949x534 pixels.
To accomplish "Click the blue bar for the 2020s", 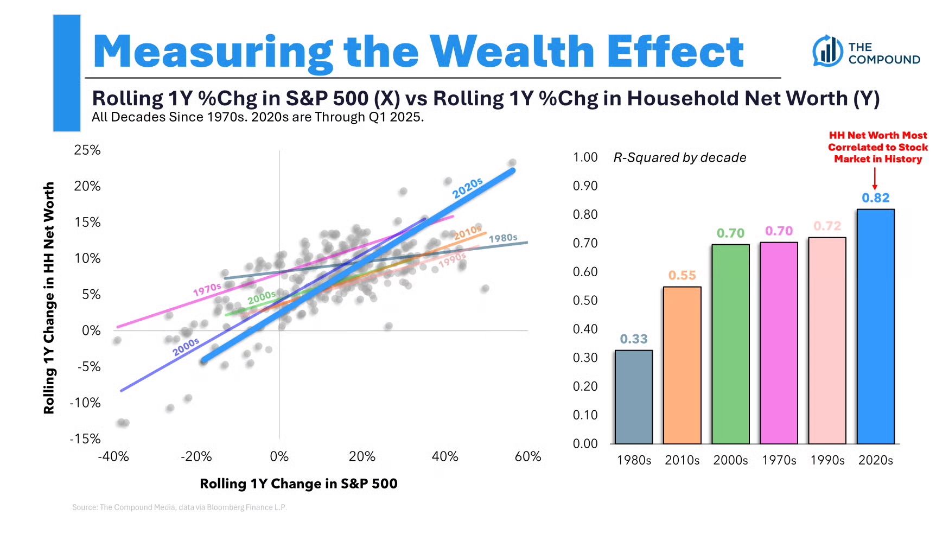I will (x=875, y=326).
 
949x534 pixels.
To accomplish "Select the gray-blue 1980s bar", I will (x=633, y=397).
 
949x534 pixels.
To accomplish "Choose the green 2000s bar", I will (x=730, y=344).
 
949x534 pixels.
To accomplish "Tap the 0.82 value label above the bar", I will (x=876, y=198).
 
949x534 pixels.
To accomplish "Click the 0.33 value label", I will (x=634, y=339).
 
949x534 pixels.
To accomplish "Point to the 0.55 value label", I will (x=682, y=276).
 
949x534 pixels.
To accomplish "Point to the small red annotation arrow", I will (x=875, y=179).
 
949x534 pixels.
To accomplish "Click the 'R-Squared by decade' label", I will (x=679, y=158).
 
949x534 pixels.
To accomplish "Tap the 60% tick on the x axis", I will (x=527, y=457).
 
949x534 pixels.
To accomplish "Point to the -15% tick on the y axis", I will (x=85, y=438).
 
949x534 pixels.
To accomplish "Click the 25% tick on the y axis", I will (x=87, y=150).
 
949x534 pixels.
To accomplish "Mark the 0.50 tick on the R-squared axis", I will (x=585, y=301).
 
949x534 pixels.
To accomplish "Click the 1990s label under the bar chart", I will (x=827, y=460).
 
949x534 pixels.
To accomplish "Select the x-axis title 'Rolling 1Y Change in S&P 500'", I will (x=298, y=484).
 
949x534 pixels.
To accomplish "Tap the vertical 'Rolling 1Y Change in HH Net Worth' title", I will (x=49, y=298).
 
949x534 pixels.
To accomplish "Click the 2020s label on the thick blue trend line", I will (x=467, y=188).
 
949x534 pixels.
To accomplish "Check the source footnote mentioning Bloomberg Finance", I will (x=179, y=507).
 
